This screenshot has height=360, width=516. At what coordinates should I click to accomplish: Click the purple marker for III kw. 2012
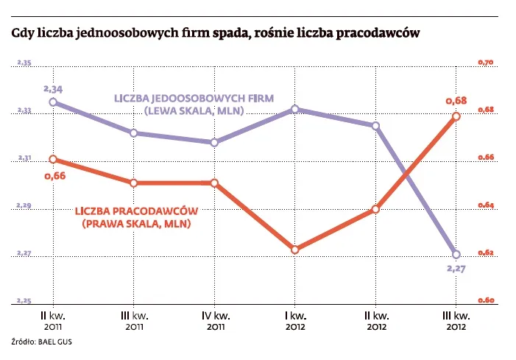[x=456, y=254]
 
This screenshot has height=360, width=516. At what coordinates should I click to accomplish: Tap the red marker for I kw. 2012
[x=294, y=250]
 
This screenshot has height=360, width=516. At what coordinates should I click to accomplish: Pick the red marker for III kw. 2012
[x=456, y=116]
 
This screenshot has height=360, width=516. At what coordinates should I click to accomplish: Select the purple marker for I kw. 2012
[x=294, y=109]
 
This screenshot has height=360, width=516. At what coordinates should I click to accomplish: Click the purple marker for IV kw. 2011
[x=214, y=143]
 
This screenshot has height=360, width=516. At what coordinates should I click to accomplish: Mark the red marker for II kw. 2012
[x=375, y=209]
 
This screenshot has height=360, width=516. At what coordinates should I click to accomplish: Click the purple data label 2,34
[x=53, y=89]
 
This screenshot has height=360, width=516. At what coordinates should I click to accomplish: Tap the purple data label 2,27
[x=457, y=269]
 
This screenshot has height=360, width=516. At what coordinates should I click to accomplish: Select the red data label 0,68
[x=456, y=100]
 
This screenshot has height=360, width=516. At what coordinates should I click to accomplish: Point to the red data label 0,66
[x=54, y=176]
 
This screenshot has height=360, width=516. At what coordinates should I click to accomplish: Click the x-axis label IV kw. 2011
[x=214, y=320]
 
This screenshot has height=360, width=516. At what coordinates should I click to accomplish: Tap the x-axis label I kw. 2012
[x=294, y=320]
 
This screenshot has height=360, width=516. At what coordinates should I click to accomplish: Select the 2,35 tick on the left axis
[x=24, y=64]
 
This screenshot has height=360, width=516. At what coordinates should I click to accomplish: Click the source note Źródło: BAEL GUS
[x=42, y=342]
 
